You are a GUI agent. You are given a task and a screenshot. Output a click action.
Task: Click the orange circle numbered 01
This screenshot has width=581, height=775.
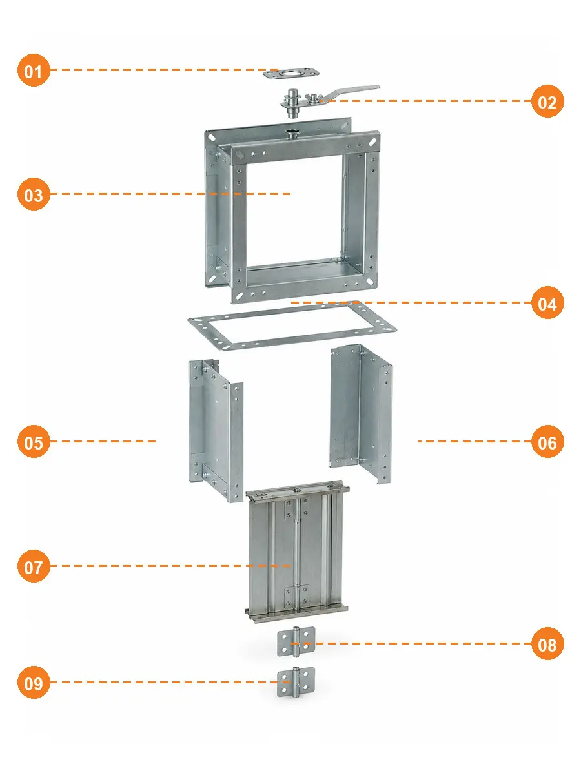coord(34,70)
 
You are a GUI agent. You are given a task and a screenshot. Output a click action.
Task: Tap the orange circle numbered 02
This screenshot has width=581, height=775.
coord(547,101)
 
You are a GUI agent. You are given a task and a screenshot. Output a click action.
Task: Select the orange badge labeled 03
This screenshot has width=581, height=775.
coord(34,194)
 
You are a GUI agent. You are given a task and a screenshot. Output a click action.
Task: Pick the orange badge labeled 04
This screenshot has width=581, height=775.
coord(547,303)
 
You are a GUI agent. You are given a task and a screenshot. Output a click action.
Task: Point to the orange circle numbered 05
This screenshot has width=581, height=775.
coord(34,441)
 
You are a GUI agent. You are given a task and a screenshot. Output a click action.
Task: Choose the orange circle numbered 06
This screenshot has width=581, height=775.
coord(547,441)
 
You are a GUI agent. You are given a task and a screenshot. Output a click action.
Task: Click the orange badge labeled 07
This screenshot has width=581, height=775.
coord(34,566)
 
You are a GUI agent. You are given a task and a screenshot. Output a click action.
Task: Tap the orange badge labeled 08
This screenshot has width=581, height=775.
coord(547,643)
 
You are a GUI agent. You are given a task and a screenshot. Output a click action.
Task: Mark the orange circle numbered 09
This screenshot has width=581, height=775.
coord(34,682)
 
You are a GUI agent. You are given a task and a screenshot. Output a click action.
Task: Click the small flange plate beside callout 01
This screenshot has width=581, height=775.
coord(291,74)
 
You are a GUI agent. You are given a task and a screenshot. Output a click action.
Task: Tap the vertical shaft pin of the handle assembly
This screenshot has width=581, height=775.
coord(292,103)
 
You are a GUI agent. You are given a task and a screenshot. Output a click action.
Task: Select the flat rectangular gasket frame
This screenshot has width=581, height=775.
coord(292,326)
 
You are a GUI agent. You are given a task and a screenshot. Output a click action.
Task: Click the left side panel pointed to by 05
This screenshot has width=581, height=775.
coord(216,431)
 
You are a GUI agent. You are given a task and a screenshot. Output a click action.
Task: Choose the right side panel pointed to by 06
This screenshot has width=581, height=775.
coord(361,414)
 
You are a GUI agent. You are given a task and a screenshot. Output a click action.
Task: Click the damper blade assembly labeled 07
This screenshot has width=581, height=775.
coord(297,552)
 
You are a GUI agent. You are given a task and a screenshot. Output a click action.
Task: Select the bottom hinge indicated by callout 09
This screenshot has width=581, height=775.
coord(296,682)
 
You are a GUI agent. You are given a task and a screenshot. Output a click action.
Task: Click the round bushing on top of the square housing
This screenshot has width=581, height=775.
coord(291,134)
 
